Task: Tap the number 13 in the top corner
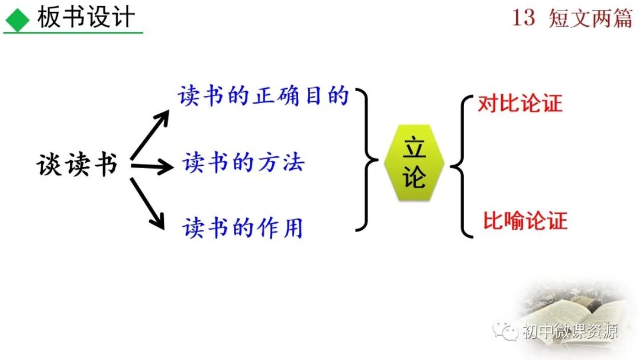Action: tap(523, 18)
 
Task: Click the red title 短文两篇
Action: tap(590, 18)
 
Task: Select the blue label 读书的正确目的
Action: tap(264, 96)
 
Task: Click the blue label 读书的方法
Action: tap(243, 162)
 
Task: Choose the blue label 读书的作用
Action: tap(243, 227)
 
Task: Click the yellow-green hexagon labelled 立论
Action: tap(414, 163)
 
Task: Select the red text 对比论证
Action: tap(520, 104)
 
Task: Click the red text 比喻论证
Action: tap(525, 221)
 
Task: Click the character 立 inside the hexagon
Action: tap(414, 148)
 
